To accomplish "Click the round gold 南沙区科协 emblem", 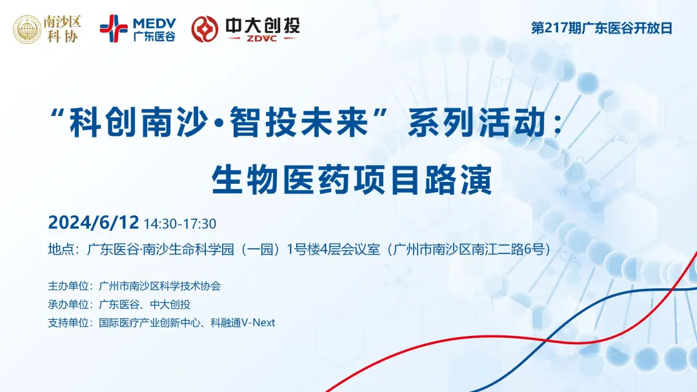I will point(26,29).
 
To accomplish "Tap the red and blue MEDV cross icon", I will point(113,28).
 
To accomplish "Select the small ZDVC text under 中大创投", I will point(261,39).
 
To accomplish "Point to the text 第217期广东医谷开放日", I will point(601,29).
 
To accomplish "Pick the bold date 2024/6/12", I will point(94,223).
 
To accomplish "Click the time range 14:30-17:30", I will point(180,224).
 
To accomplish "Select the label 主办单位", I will point(68,286).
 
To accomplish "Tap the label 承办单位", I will point(68,304).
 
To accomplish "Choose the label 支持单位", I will point(68,322).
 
